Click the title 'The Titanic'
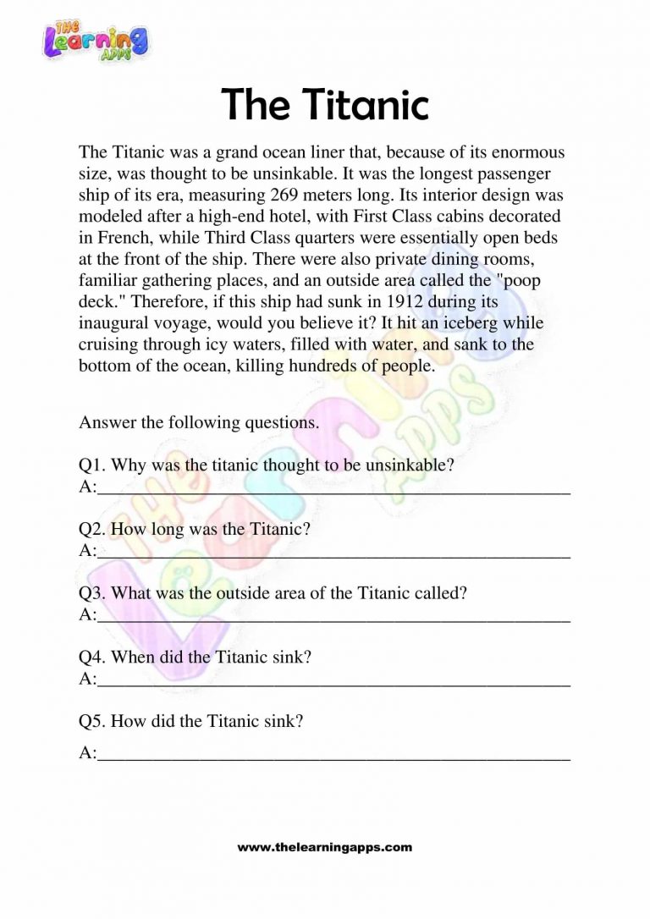coord(325,105)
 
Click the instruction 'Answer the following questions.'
coord(199,423)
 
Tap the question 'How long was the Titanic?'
coord(211,529)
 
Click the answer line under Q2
coord(333,554)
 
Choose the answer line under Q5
coord(333,757)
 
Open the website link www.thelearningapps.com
coord(325,847)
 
